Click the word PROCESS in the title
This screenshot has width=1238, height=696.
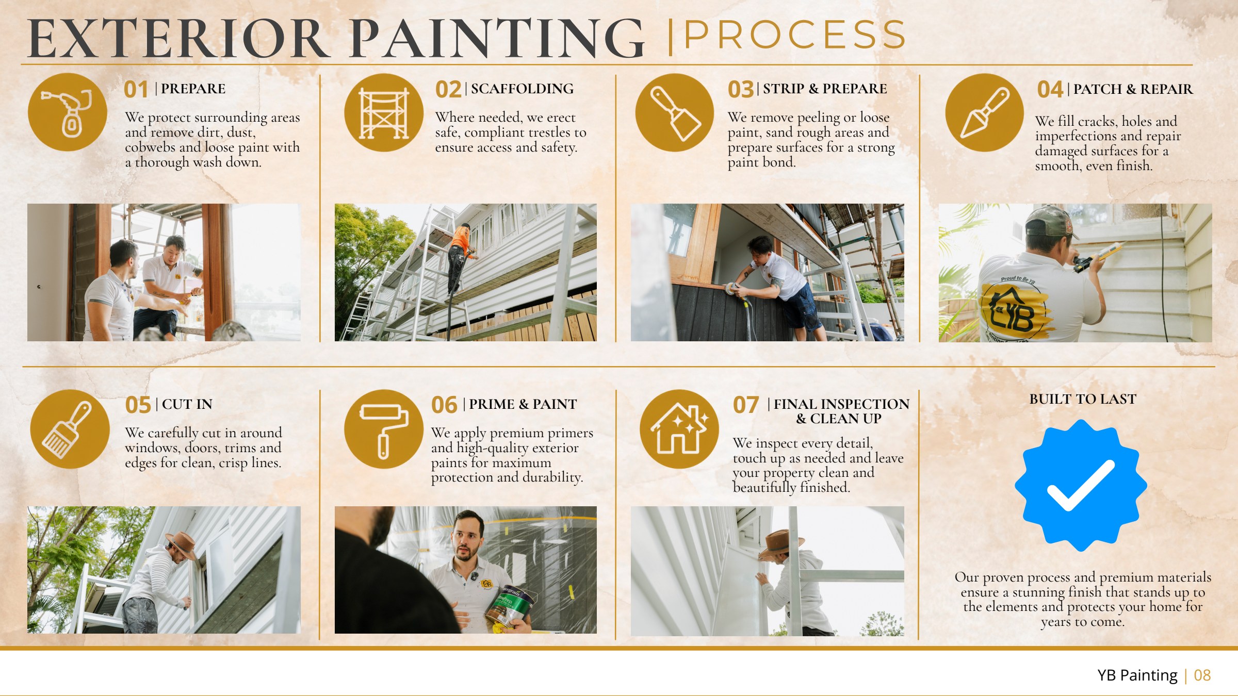(795, 35)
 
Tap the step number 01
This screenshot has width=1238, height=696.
(136, 90)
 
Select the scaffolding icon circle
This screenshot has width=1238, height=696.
(384, 113)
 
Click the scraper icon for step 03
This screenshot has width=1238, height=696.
(675, 113)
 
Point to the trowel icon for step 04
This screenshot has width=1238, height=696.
(985, 113)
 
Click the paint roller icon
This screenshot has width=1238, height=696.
(384, 429)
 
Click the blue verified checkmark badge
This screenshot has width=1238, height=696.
(1081, 485)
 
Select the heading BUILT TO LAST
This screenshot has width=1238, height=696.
(1083, 400)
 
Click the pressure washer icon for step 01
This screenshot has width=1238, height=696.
(68, 112)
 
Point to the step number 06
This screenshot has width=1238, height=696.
(444, 405)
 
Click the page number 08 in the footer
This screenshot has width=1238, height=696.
(1202, 675)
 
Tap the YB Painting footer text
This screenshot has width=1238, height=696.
(1137, 675)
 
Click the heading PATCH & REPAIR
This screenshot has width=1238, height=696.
(1133, 90)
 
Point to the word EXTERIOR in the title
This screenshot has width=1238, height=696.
(178, 39)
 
